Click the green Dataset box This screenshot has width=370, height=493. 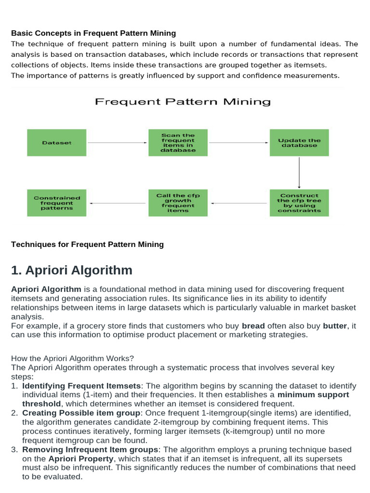click(x=57, y=143)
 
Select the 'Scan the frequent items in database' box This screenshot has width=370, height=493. click(x=178, y=143)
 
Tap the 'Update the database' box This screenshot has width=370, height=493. click(x=299, y=143)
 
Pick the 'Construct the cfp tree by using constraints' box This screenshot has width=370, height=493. click(x=299, y=203)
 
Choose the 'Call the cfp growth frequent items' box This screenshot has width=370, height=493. click(x=178, y=203)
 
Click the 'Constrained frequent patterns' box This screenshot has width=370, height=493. click(x=57, y=203)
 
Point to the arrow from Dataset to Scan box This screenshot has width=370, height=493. click(x=118, y=143)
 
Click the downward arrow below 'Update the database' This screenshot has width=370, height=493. click(x=299, y=172)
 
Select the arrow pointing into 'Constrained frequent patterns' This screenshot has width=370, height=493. click(x=118, y=203)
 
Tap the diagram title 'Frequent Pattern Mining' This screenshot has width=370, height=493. click(x=183, y=102)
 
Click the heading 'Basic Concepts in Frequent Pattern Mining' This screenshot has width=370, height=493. click(x=93, y=33)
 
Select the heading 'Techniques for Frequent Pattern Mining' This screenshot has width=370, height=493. click(x=87, y=244)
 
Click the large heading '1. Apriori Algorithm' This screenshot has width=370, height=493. click(x=72, y=270)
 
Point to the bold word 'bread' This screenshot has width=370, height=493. click(x=253, y=325)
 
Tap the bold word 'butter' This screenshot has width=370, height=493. click(x=335, y=325)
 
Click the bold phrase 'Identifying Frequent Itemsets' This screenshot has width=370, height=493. click(x=82, y=386)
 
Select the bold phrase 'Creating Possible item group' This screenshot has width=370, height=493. click(x=81, y=413)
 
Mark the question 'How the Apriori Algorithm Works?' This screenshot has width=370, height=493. click(x=72, y=358)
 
